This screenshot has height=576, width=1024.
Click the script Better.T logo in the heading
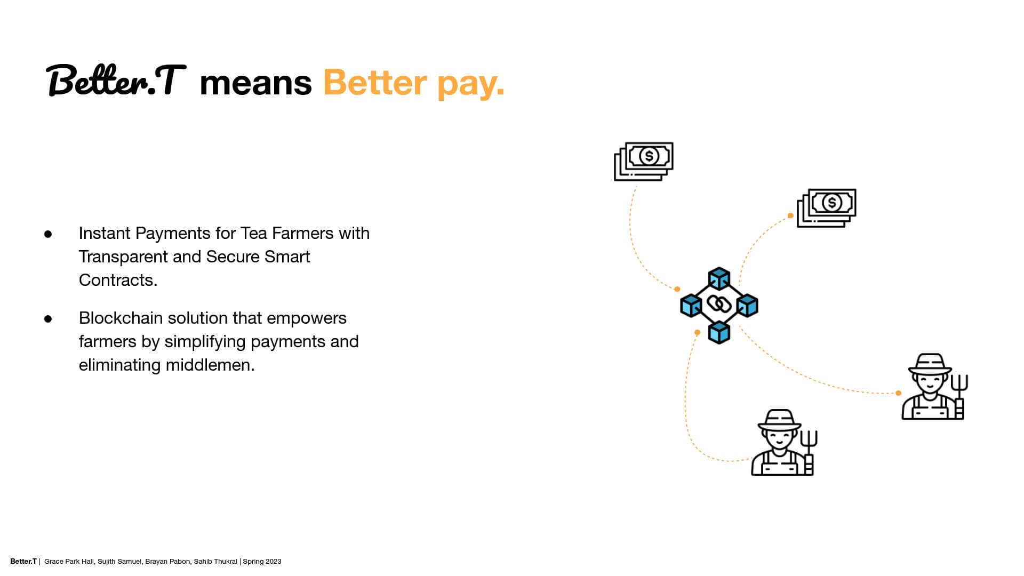tap(116, 81)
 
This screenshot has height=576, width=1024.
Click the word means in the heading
tap(255, 83)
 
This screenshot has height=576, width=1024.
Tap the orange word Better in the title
tap(375, 82)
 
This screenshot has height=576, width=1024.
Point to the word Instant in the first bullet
tap(105, 233)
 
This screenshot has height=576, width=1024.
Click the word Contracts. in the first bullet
tap(118, 280)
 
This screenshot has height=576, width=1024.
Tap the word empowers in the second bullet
tap(307, 319)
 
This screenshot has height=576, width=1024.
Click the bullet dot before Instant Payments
tap(48, 234)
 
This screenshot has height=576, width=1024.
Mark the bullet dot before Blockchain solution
tap(48, 319)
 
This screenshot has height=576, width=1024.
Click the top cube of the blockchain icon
tap(719, 278)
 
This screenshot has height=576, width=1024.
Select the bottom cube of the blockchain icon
tap(719, 332)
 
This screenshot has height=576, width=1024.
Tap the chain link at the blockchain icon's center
tap(719, 305)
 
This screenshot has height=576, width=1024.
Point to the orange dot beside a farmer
tap(898, 393)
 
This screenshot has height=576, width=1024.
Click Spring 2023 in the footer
tap(262, 562)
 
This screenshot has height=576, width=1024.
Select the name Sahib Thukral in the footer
tap(215, 562)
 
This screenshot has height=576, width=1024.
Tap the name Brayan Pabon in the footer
tap(167, 562)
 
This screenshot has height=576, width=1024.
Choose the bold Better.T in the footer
tap(23, 562)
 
